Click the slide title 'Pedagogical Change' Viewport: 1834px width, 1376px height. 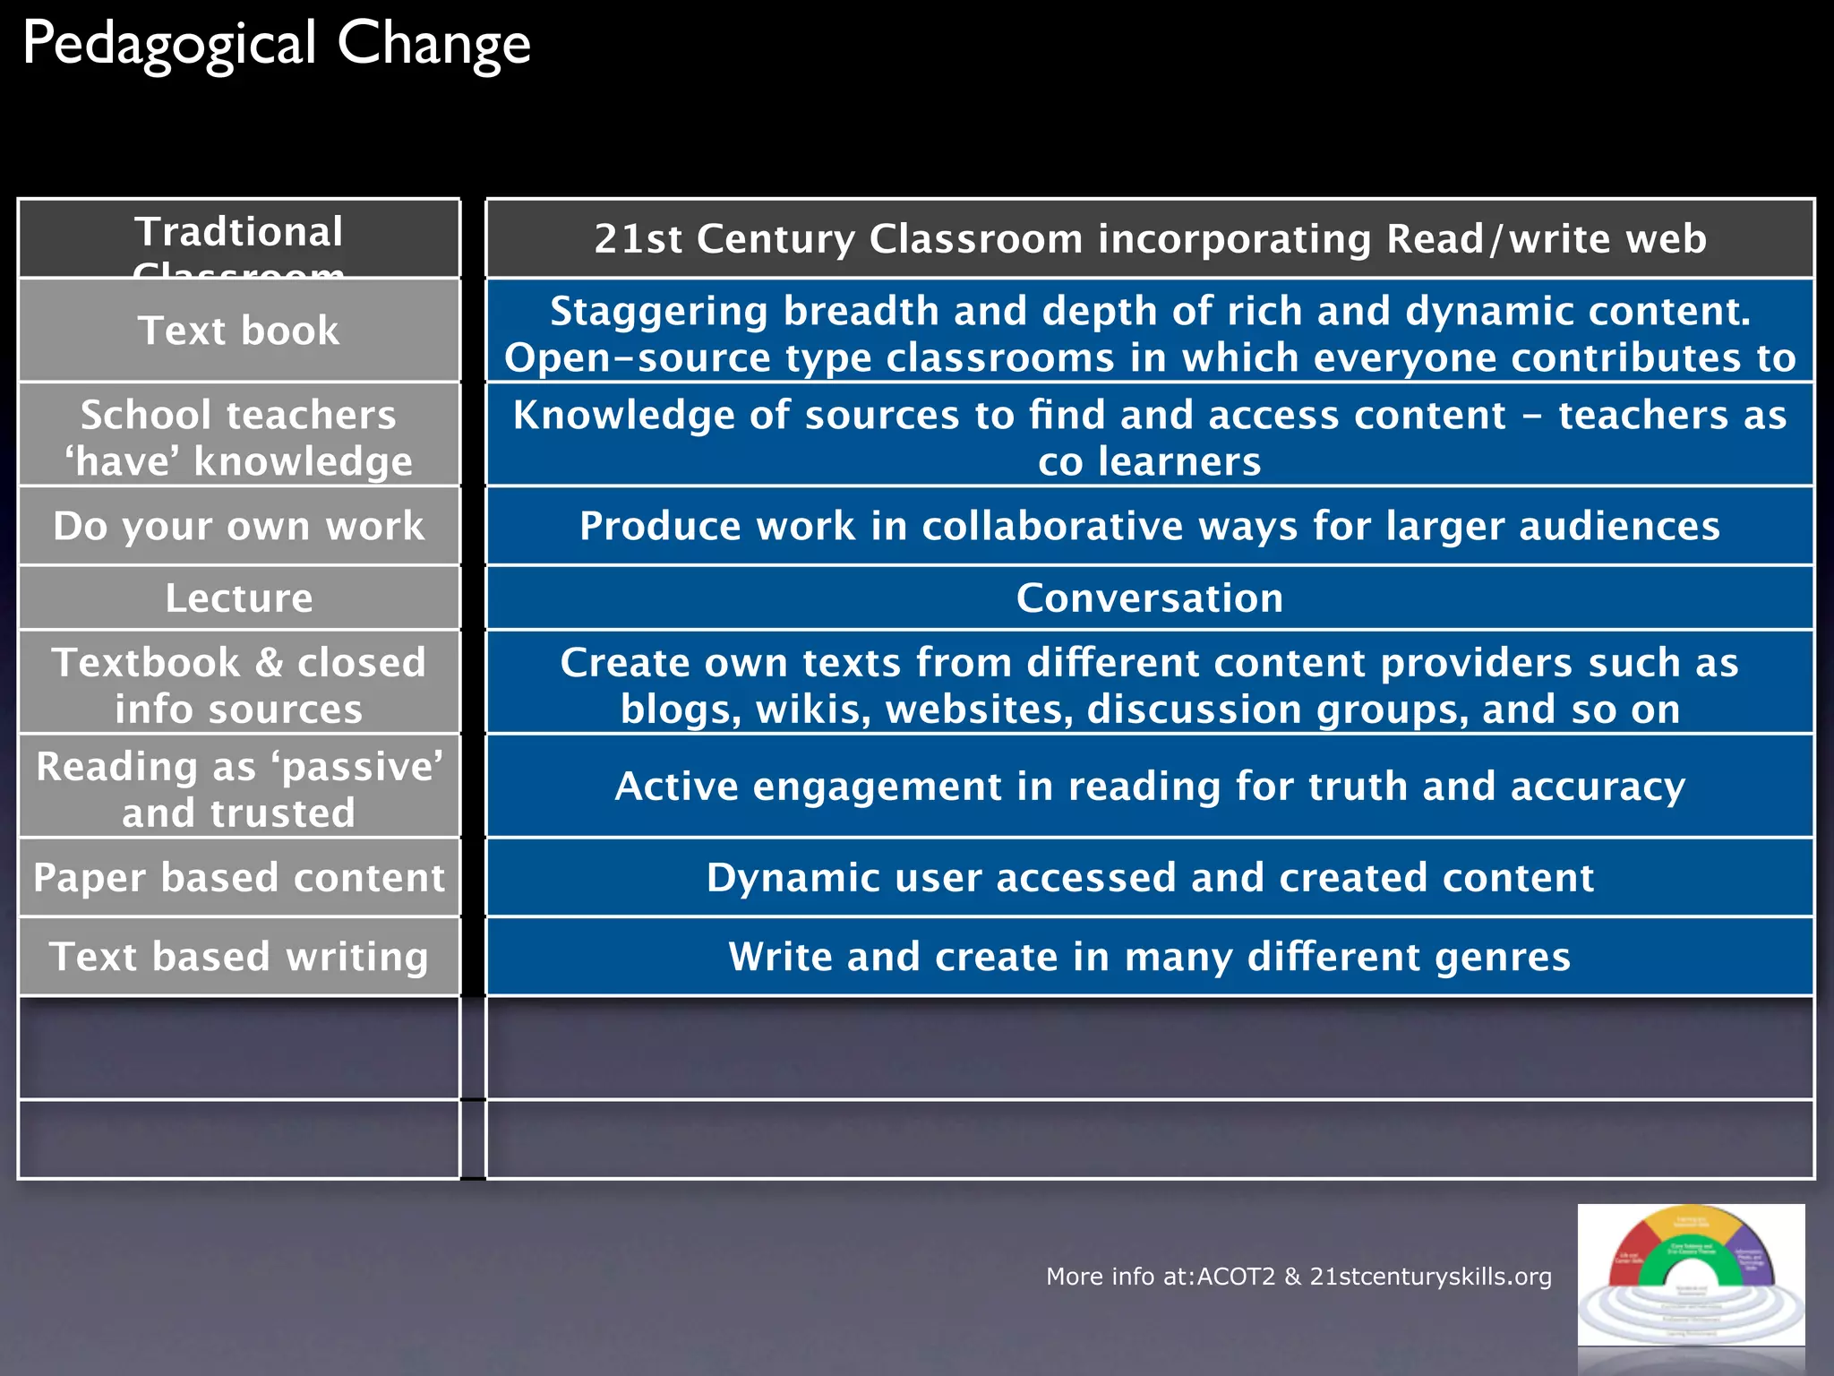point(276,44)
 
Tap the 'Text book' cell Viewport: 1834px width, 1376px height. point(239,331)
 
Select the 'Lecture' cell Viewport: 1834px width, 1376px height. point(239,598)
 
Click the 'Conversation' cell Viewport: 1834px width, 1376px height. point(1150,598)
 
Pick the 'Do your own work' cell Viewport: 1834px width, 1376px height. point(239,526)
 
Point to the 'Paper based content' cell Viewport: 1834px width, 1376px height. point(239,877)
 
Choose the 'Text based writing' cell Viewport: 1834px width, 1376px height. point(239,956)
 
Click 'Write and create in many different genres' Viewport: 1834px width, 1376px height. point(1150,956)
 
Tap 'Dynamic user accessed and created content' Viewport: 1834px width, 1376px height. point(1150,877)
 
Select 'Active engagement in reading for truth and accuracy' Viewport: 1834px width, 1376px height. point(1150,786)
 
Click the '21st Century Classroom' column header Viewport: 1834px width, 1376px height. point(1150,238)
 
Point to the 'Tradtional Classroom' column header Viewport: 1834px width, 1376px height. point(239,238)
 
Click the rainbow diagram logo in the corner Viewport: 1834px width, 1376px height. point(1691,1274)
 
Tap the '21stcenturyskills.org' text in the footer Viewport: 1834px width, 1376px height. point(1430,1277)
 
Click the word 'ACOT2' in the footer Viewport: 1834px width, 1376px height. point(1236,1277)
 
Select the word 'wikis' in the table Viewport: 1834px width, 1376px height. point(813,709)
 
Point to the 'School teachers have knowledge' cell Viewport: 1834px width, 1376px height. point(239,437)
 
